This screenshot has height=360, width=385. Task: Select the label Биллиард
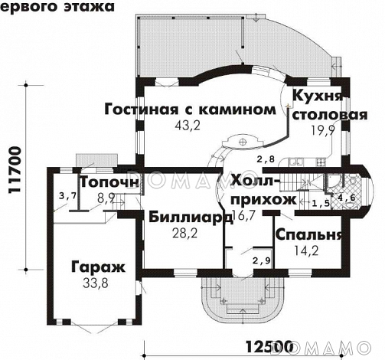(181, 217)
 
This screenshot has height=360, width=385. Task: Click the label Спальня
(308, 234)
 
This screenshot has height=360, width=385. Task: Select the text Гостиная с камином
(190, 110)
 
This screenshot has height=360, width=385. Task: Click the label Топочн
(109, 183)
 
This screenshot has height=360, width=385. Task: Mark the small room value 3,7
(68, 196)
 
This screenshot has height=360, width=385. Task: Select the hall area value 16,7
(245, 217)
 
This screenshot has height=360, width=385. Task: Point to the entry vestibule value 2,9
(262, 260)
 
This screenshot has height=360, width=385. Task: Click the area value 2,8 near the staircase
(266, 159)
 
